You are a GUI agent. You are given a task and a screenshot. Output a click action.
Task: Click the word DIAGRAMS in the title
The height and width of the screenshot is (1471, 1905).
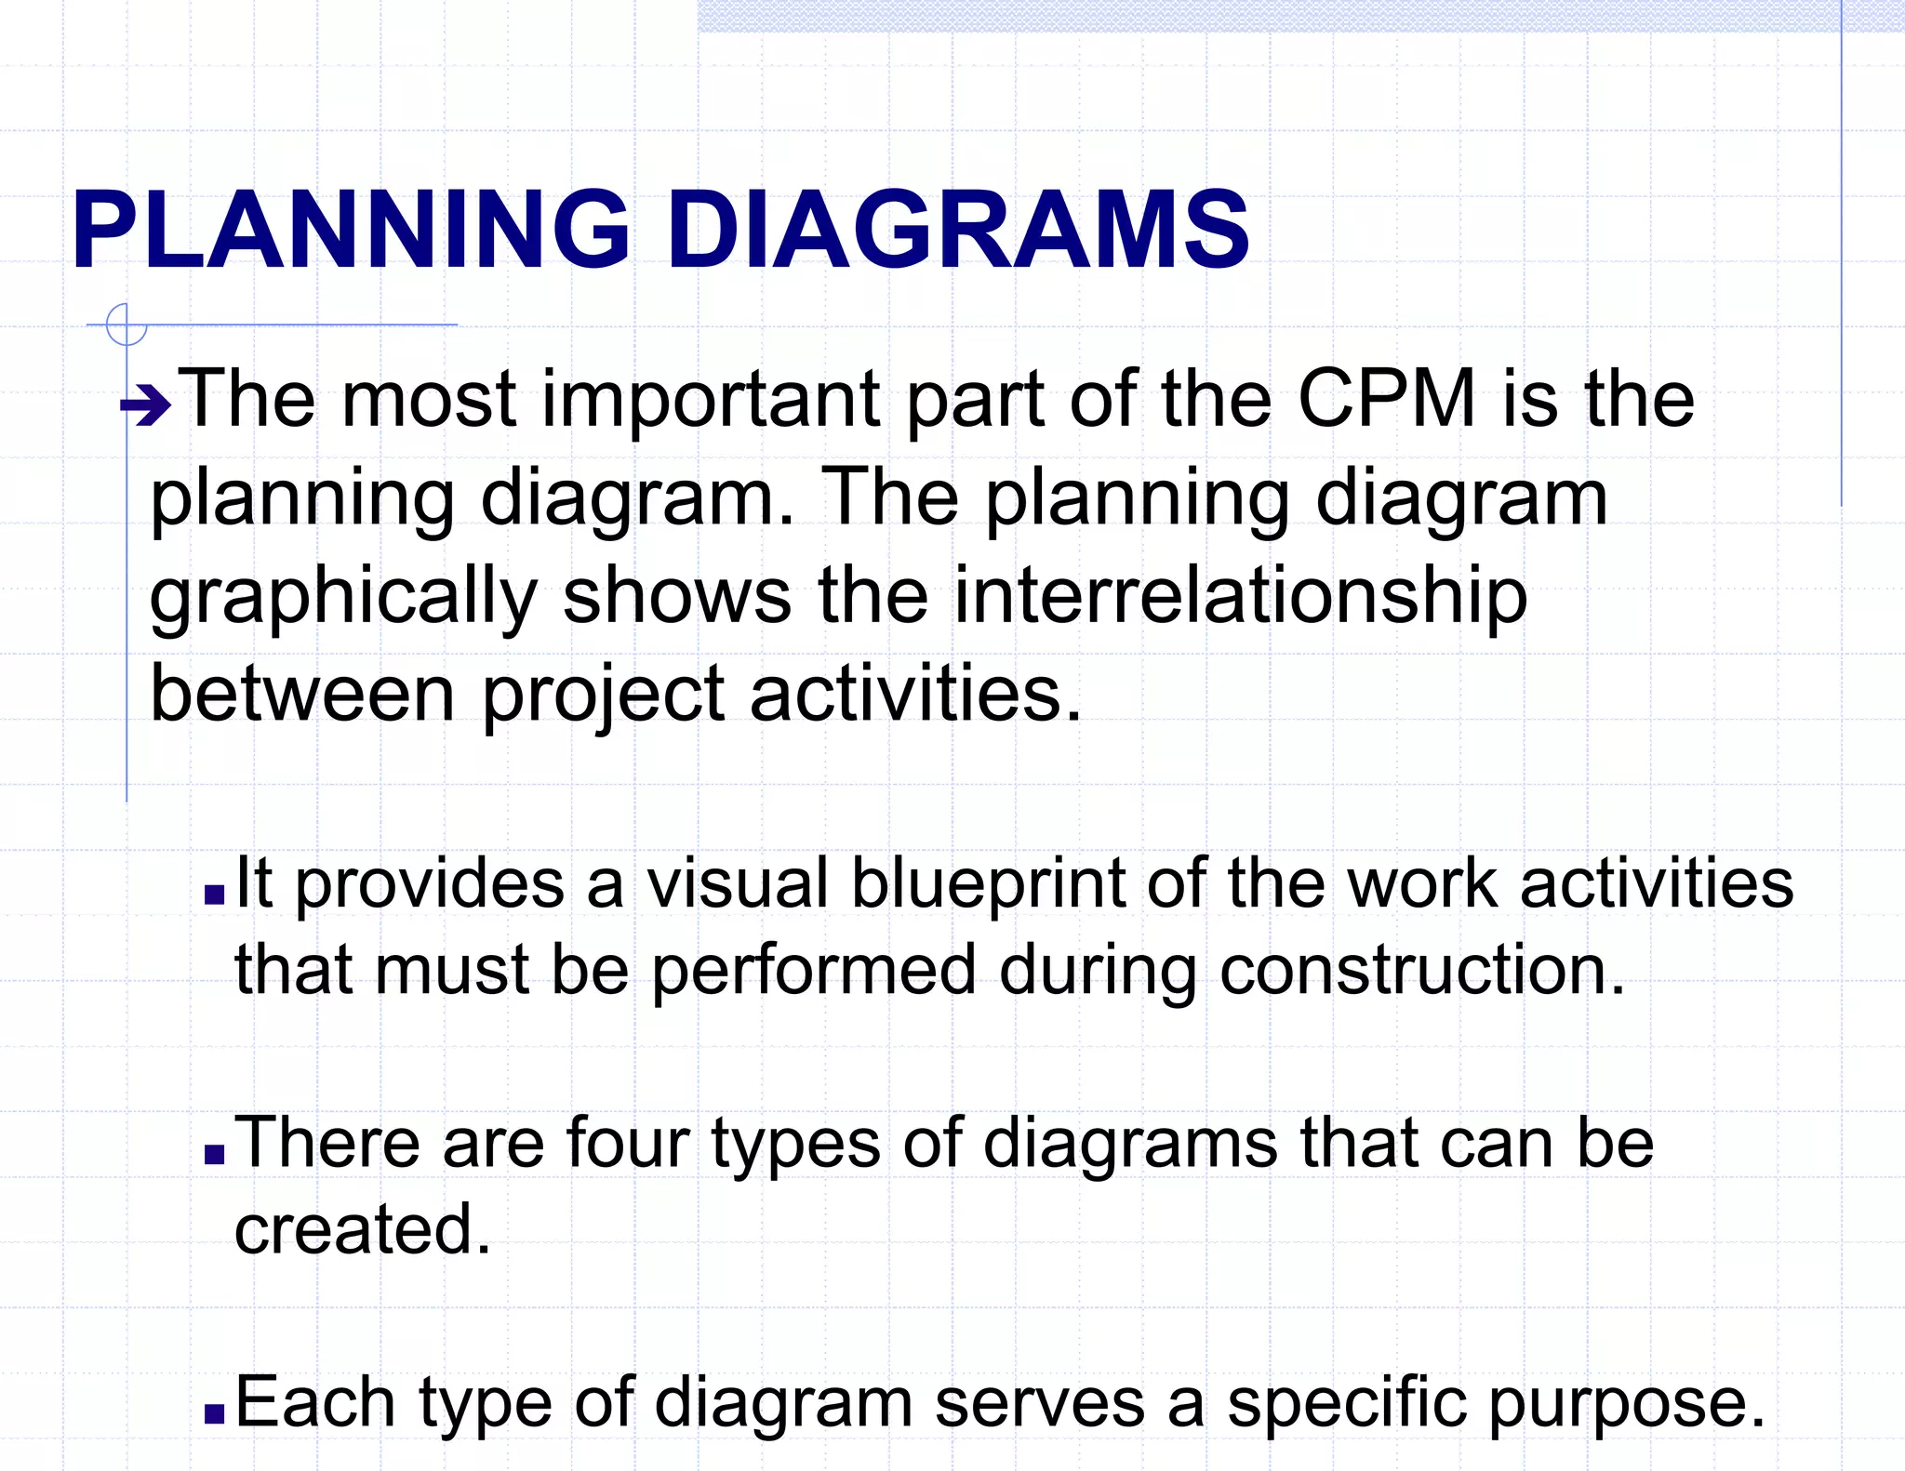pyautogui.click(x=958, y=230)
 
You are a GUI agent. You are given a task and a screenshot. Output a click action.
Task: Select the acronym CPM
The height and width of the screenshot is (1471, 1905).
pyautogui.click(x=1386, y=399)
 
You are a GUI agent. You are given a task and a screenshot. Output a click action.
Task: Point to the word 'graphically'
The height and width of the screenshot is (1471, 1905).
pyautogui.click(x=343, y=598)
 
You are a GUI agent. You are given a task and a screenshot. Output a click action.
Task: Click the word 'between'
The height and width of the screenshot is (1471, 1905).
pyautogui.click(x=302, y=694)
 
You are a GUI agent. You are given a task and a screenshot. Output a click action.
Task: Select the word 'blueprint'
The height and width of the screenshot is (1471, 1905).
pyautogui.click(x=988, y=885)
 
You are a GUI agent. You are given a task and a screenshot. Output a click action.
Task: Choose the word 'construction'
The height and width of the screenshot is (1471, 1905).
pyautogui.click(x=1421, y=970)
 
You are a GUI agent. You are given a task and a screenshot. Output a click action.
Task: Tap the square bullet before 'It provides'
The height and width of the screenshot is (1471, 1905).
pyautogui.click(x=215, y=895)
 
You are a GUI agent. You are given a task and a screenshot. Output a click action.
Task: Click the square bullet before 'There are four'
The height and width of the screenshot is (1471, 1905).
pyautogui.click(x=215, y=1154)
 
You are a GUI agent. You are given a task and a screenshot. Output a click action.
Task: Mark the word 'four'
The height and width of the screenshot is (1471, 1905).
pyautogui.click(x=628, y=1143)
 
